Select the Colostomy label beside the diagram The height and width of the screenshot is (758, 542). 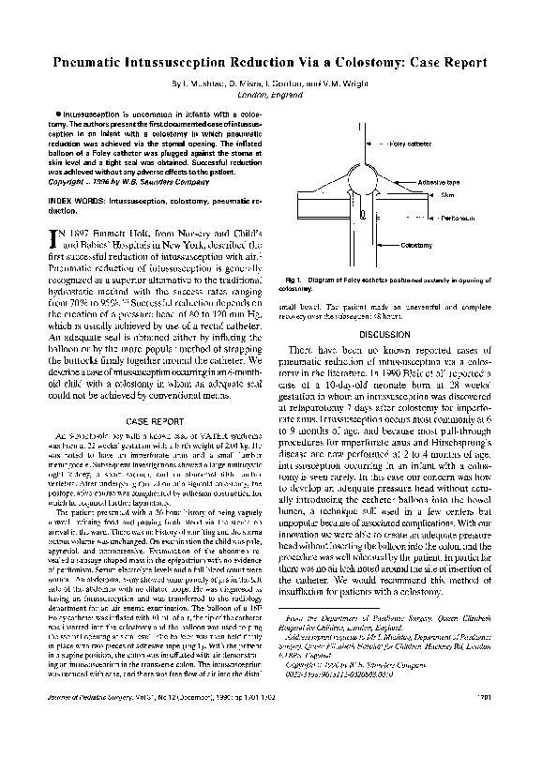[417, 244]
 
